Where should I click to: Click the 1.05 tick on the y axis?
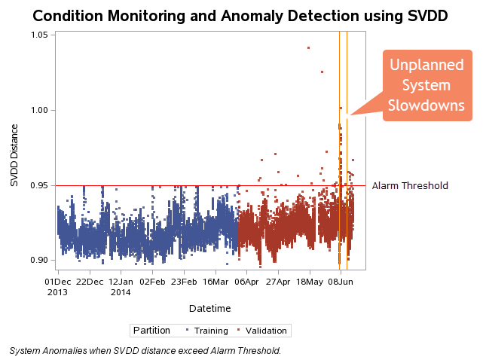(39, 35)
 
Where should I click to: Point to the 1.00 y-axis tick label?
(39, 110)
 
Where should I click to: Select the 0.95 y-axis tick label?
(39, 185)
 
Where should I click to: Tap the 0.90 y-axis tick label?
(39, 261)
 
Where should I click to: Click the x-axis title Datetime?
(209, 308)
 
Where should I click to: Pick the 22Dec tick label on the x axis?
(90, 282)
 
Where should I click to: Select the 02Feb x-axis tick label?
(152, 282)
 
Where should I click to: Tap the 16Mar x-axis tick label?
(216, 282)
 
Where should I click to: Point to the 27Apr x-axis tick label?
(278, 282)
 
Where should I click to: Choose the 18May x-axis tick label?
(310, 282)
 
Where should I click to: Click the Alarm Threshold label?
(410, 185)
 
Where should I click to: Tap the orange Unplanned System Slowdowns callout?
(426, 85)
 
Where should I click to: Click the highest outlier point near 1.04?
(308, 48)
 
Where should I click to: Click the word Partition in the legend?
(154, 331)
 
